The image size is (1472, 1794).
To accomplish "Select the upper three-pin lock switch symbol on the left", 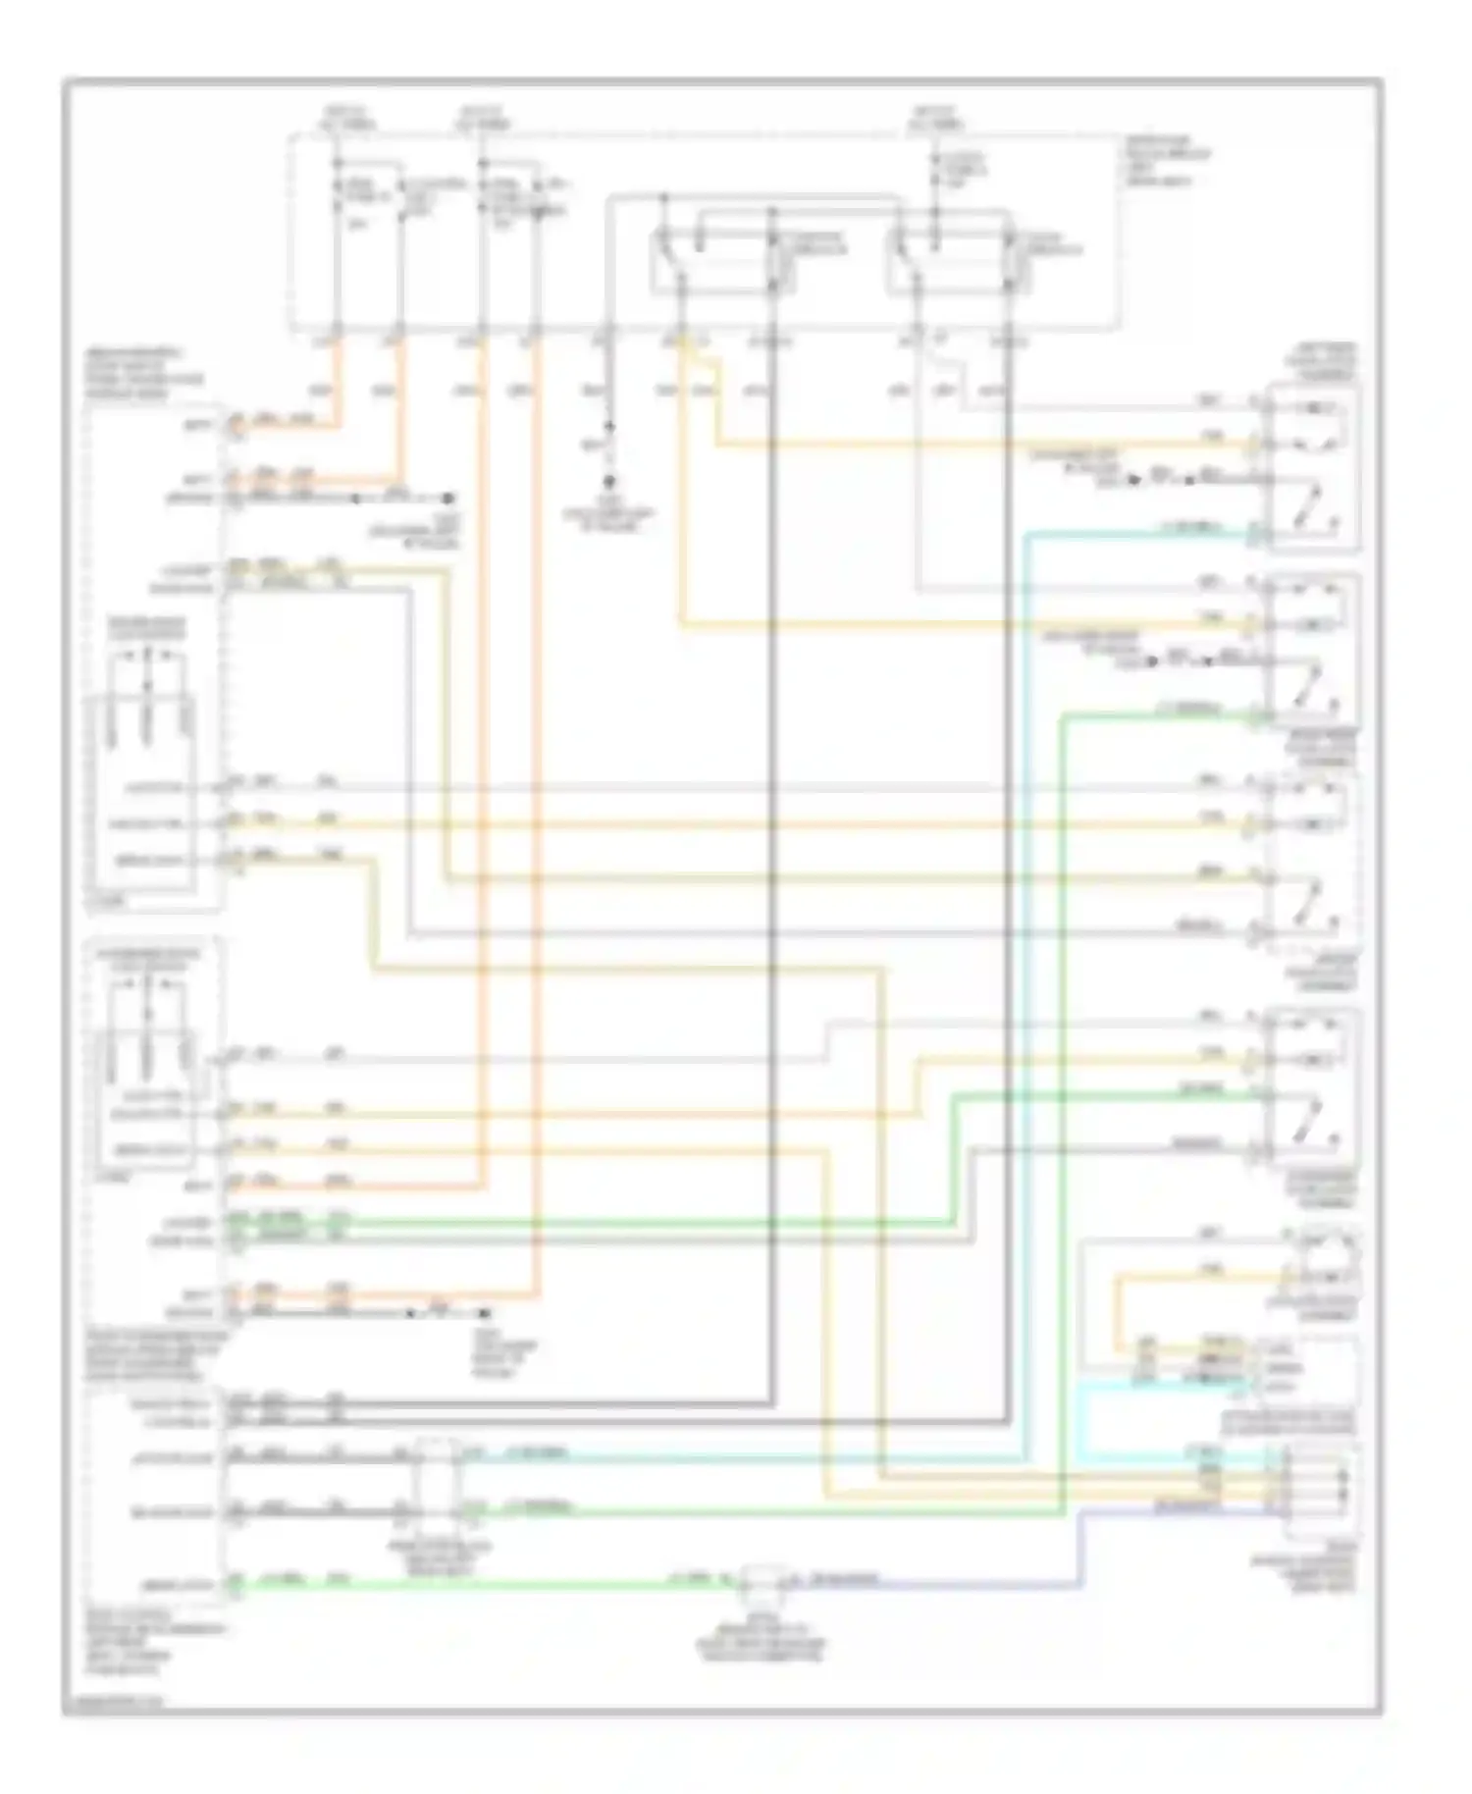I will click(x=147, y=721).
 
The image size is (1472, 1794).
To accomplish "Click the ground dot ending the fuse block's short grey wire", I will click(x=609, y=483).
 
